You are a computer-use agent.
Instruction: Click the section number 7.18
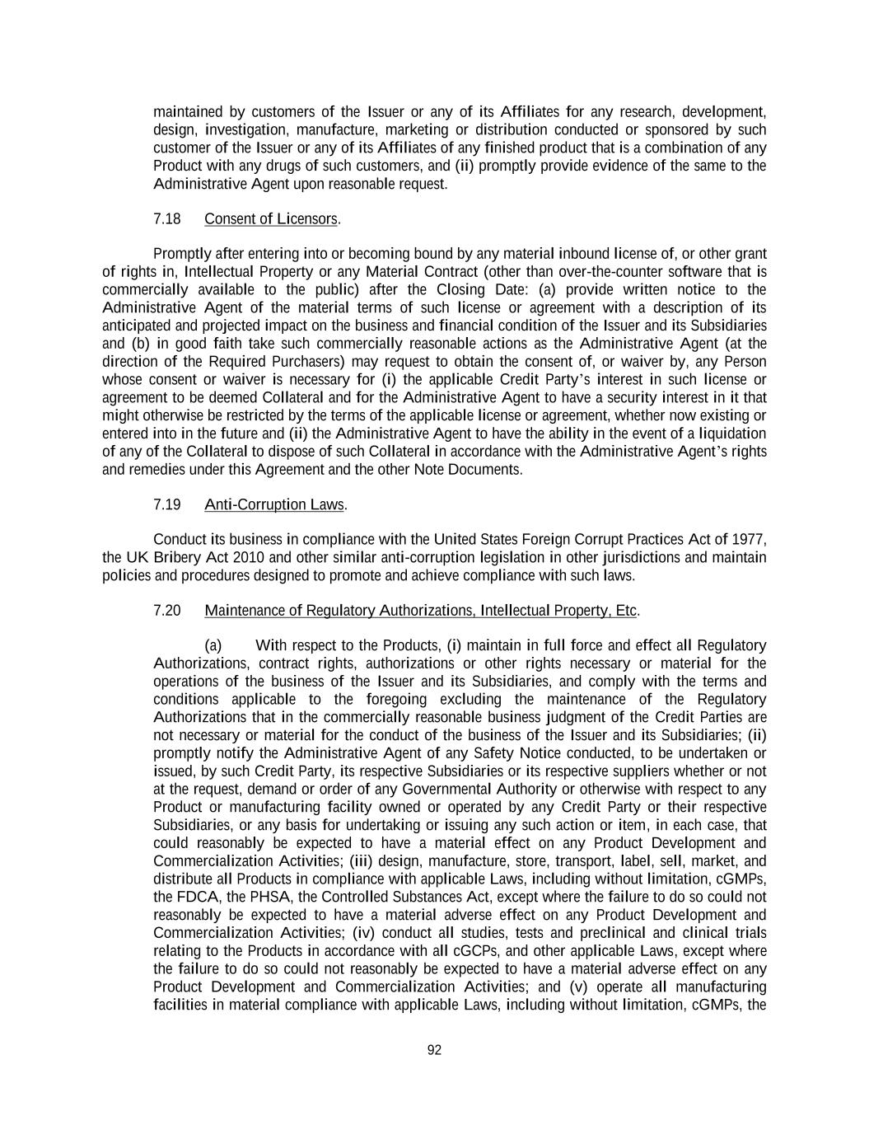[x=167, y=219]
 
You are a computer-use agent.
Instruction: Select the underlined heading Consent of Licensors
[x=271, y=219]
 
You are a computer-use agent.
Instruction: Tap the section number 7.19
[x=167, y=504]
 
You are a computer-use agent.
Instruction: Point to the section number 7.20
[x=167, y=611]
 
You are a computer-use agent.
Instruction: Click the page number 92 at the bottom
[x=435, y=1050]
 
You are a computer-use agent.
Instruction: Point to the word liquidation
[x=732, y=434]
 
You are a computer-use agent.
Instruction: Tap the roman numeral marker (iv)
[x=364, y=933]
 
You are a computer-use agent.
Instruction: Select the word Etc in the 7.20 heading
[x=626, y=611]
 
